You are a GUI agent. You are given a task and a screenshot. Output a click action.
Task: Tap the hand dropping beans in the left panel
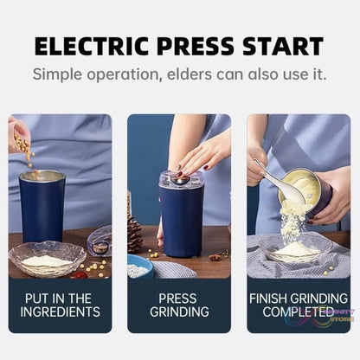tap(18, 134)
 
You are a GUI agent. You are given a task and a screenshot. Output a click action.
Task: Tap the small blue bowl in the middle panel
tap(140, 266)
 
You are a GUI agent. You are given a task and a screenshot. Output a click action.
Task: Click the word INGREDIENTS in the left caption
tap(61, 312)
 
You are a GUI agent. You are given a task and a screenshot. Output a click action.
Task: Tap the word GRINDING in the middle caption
tap(179, 312)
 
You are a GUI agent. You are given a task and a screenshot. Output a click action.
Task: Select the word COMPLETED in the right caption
tap(298, 312)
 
